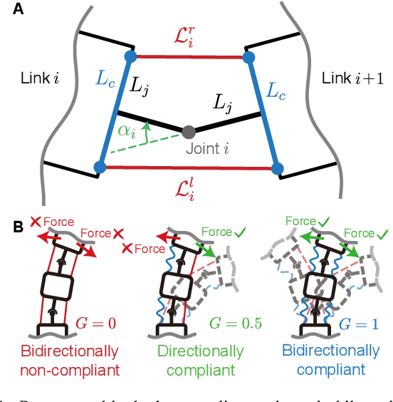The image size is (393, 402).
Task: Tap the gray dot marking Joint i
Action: (189, 132)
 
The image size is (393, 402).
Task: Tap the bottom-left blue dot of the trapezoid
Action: (100, 167)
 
